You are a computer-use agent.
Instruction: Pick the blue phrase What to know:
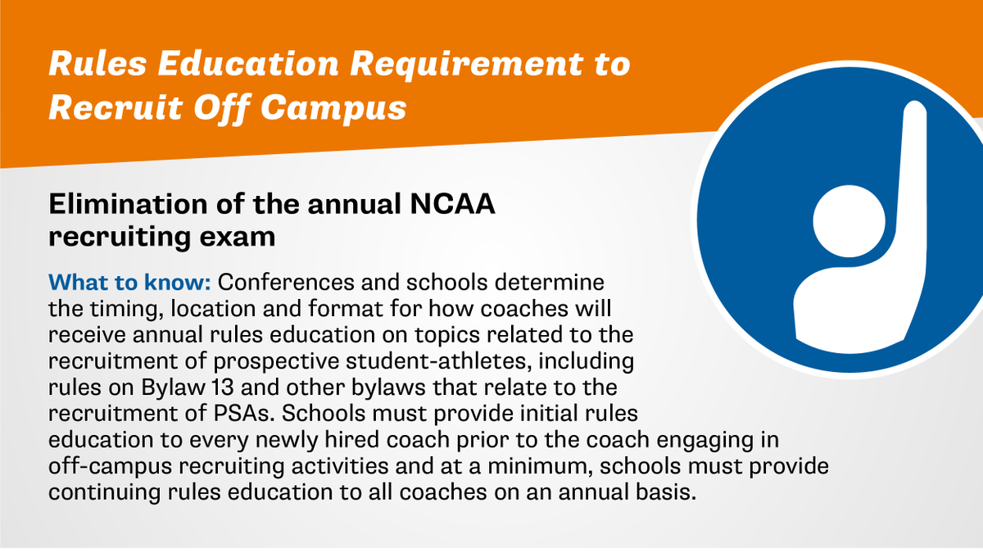coord(131,283)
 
